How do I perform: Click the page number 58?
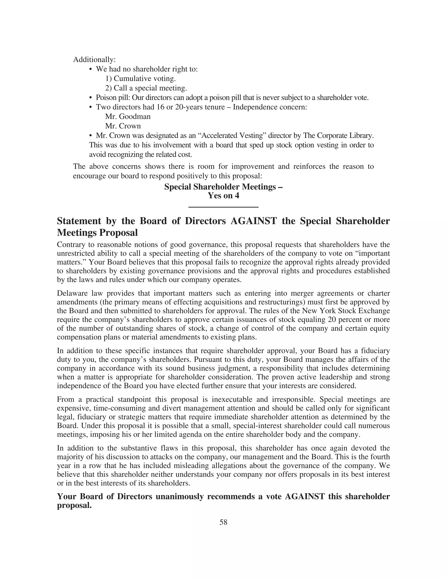tap(223, 522)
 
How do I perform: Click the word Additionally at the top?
tap(94, 60)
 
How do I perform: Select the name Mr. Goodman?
tap(128, 116)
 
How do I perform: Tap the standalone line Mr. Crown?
tap(123, 126)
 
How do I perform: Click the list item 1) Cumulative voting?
tap(140, 79)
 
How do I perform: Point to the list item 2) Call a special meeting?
tap(146, 88)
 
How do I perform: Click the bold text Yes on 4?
tap(223, 196)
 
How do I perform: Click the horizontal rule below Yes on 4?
tap(223, 207)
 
